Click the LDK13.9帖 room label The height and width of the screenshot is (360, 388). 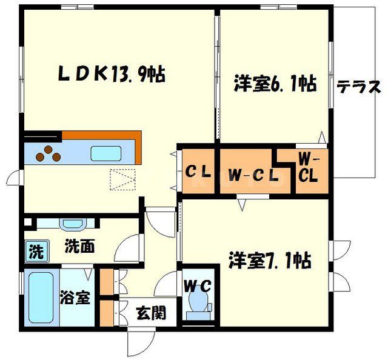pos(112,75)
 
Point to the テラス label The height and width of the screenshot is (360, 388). pos(358,87)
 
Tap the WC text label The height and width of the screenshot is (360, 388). pos(198,285)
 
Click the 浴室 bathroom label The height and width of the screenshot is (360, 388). pos(75,298)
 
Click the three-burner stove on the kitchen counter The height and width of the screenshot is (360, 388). pos(48,155)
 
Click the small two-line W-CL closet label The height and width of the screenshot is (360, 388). pos(308,168)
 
